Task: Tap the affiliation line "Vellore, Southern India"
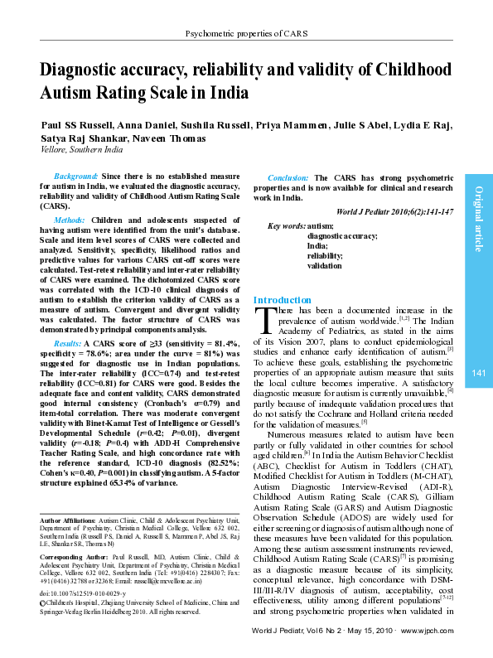pos(82,150)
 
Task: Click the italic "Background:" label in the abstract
pos(75,177)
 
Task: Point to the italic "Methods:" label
pos(70,220)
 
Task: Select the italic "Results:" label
pos(68,342)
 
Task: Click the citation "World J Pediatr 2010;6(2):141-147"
pos(396,212)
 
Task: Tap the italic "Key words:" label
pos(286,226)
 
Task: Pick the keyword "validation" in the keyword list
pos(324,266)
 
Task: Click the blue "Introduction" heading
pos(283,299)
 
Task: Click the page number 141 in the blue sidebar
pos(479,374)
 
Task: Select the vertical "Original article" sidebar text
pos(479,220)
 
